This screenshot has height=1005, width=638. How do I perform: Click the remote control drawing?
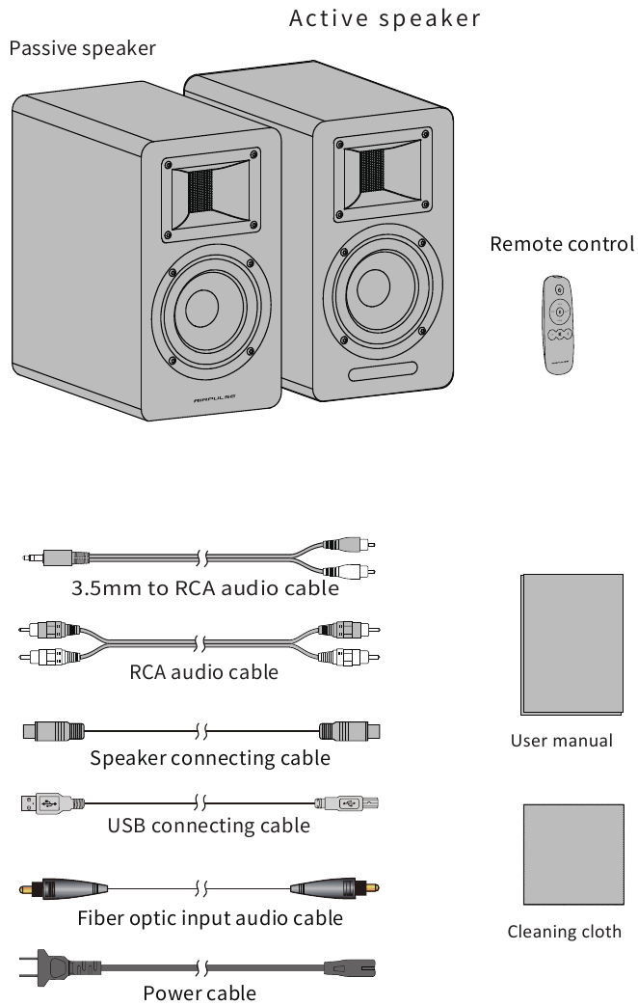(x=558, y=324)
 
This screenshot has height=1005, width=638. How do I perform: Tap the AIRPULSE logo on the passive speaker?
(x=215, y=398)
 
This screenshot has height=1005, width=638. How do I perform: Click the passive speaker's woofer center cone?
(x=201, y=309)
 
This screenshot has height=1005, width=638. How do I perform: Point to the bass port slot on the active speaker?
(x=383, y=371)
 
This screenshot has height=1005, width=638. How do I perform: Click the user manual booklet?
(x=572, y=645)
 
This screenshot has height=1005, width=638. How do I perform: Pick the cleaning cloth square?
(x=573, y=855)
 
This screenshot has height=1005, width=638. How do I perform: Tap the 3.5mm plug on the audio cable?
(x=55, y=557)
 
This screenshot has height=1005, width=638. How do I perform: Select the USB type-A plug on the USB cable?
(x=52, y=803)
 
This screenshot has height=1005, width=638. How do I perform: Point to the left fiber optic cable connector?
(x=63, y=889)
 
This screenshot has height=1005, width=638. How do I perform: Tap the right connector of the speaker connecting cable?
(x=349, y=731)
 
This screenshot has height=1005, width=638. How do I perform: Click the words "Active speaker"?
(x=385, y=18)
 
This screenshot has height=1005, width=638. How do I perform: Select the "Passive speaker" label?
(x=83, y=49)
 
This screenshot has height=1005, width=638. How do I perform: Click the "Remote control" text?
(x=562, y=244)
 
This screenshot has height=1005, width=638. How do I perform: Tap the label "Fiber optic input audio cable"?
(x=210, y=918)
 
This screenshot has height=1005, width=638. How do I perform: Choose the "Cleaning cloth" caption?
(x=565, y=932)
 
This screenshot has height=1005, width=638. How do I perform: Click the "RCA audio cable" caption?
(x=203, y=672)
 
